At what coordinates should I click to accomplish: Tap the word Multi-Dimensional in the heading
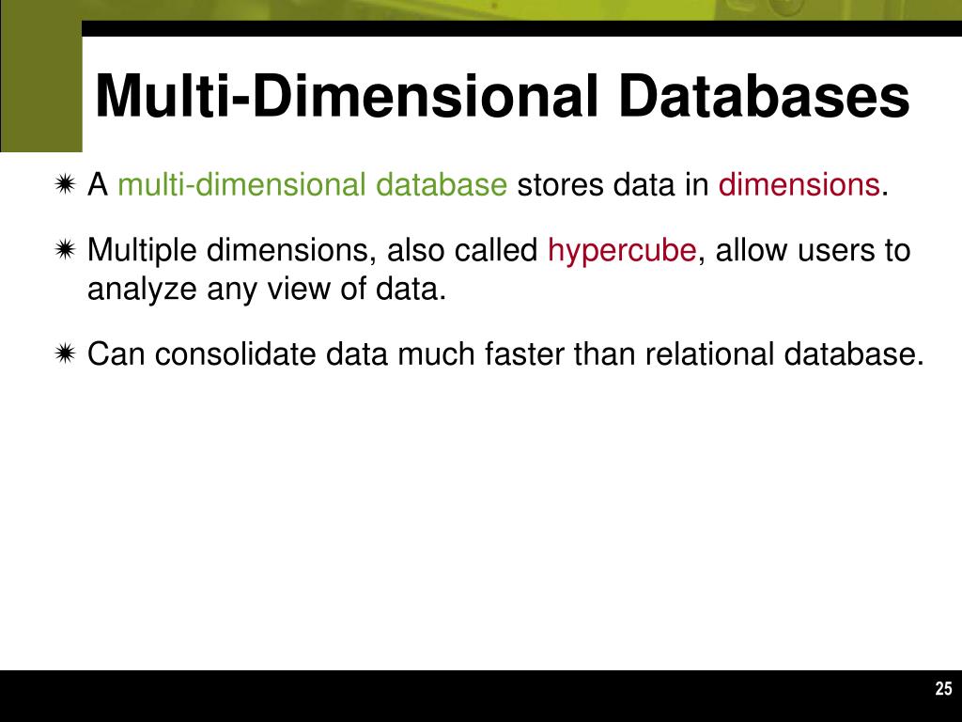tap(334, 98)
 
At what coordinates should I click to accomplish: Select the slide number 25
tap(943, 689)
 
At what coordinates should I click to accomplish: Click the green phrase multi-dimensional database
tap(312, 185)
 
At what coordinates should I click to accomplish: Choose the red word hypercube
tap(622, 251)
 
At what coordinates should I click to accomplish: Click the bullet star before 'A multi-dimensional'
tap(65, 185)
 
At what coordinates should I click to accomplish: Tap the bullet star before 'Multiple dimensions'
tap(65, 251)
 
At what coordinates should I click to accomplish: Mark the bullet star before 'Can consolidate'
tap(65, 354)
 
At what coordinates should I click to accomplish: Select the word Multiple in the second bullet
tap(142, 251)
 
